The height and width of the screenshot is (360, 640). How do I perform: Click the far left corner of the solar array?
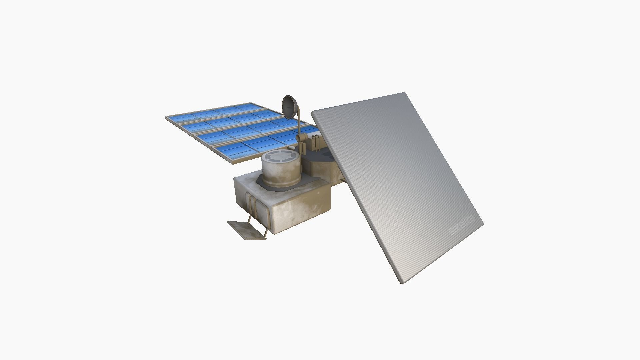point(166,117)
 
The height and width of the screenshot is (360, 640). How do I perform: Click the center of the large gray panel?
point(397,187)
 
